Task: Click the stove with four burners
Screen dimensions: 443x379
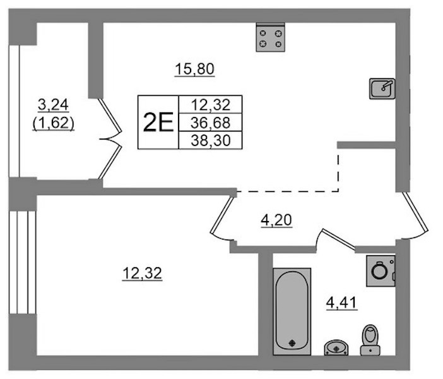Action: (270, 37)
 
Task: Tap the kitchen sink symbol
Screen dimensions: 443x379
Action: (382, 88)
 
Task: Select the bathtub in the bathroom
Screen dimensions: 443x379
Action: (292, 311)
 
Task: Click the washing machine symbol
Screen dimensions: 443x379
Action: (381, 271)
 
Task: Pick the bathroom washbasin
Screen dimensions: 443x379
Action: (336, 347)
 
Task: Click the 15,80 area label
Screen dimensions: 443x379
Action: (194, 69)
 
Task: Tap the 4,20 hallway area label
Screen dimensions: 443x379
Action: (276, 220)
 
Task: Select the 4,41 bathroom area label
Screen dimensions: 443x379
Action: (342, 303)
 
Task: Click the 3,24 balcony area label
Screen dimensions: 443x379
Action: (53, 105)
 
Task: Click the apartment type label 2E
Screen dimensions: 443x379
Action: (158, 122)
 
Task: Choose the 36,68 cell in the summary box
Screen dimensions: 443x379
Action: (211, 123)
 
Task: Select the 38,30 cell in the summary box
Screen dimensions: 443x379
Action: (211, 140)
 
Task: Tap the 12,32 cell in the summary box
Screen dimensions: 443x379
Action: (211, 105)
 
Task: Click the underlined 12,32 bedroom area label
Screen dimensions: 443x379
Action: (142, 274)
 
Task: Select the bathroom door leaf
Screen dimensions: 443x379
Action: (339, 239)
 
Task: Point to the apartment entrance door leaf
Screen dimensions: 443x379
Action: (415, 212)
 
